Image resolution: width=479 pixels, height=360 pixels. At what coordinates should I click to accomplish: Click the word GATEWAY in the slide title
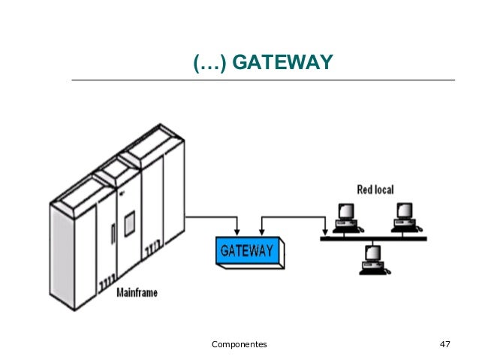click(282, 62)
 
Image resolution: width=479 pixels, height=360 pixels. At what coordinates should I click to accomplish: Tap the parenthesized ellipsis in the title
click(210, 63)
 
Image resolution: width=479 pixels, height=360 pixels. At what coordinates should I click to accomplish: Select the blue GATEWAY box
click(250, 253)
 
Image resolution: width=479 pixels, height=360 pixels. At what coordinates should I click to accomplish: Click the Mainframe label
click(137, 292)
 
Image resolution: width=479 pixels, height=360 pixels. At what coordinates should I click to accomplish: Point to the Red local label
click(375, 189)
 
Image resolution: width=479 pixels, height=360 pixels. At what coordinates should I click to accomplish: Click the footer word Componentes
click(239, 344)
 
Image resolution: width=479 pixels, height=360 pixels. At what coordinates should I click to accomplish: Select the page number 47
click(444, 344)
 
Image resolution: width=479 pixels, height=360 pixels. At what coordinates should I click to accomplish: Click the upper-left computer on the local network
click(348, 218)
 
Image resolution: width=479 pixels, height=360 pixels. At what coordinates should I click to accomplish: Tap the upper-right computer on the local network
click(406, 217)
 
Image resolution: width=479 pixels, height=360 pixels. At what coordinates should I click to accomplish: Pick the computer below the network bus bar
click(375, 260)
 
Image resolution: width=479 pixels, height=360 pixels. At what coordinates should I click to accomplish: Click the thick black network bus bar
click(373, 238)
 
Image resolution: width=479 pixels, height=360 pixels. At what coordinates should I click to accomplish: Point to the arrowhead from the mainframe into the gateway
click(236, 232)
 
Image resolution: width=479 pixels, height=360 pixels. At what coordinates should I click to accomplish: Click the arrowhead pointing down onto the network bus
click(325, 232)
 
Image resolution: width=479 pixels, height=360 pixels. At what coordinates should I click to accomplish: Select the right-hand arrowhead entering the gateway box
click(261, 232)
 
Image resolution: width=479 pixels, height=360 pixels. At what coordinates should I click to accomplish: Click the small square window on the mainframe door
click(130, 223)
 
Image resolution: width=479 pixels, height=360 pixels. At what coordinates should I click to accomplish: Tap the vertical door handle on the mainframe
click(113, 234)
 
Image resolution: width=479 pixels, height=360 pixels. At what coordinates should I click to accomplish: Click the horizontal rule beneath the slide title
click(264, 80)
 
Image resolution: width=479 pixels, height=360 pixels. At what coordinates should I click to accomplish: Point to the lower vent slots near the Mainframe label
click(107, 283)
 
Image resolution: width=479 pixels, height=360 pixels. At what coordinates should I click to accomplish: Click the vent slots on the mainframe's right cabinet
click(152, 248)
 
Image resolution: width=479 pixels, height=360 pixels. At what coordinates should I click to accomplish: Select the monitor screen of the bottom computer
click(374, 253)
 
